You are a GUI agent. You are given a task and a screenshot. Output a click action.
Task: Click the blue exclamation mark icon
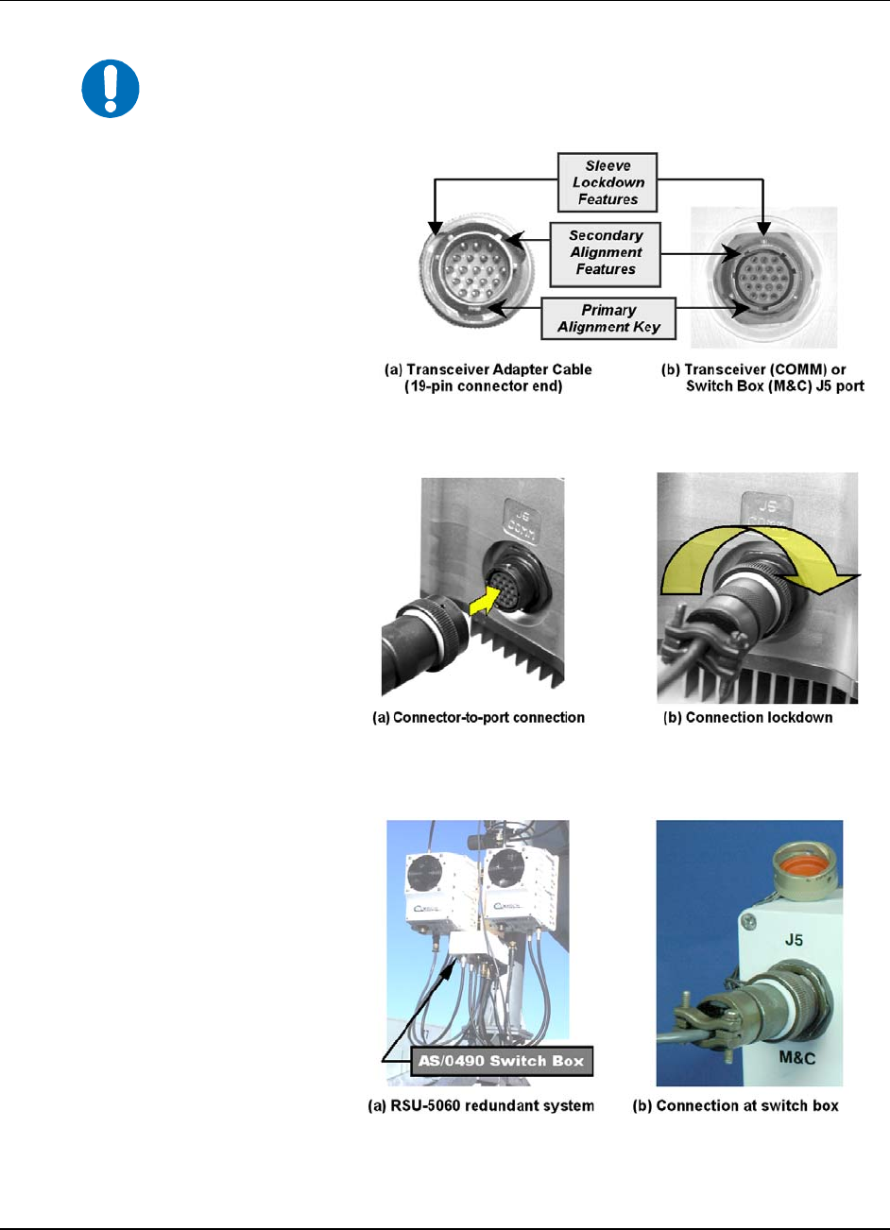click(111, 89)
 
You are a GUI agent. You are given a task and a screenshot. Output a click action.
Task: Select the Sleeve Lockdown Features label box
click(608, 182)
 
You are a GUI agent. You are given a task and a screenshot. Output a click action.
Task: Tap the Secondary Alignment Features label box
click(605, 254)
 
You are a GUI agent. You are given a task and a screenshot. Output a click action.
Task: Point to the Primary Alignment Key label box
click(608, 318)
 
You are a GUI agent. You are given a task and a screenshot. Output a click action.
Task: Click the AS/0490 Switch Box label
click(502, 1060)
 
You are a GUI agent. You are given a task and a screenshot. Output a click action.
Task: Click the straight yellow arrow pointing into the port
click(486, 601)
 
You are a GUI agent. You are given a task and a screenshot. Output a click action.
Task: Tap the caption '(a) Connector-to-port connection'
click(478, 718)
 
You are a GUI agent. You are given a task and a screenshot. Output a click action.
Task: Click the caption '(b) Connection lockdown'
click(747, 718)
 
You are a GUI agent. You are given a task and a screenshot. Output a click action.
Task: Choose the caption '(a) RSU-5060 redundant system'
click(481, 1105)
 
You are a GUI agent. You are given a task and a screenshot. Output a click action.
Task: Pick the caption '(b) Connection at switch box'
click(736, 1105)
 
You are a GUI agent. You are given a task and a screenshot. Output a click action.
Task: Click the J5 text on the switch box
click(794, 940)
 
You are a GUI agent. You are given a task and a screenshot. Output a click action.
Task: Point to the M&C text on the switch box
click(797, 1057)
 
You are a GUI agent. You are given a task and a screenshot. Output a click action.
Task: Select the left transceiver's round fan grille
click(425, 874)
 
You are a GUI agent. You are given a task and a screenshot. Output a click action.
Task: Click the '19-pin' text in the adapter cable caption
click(429, 386)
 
